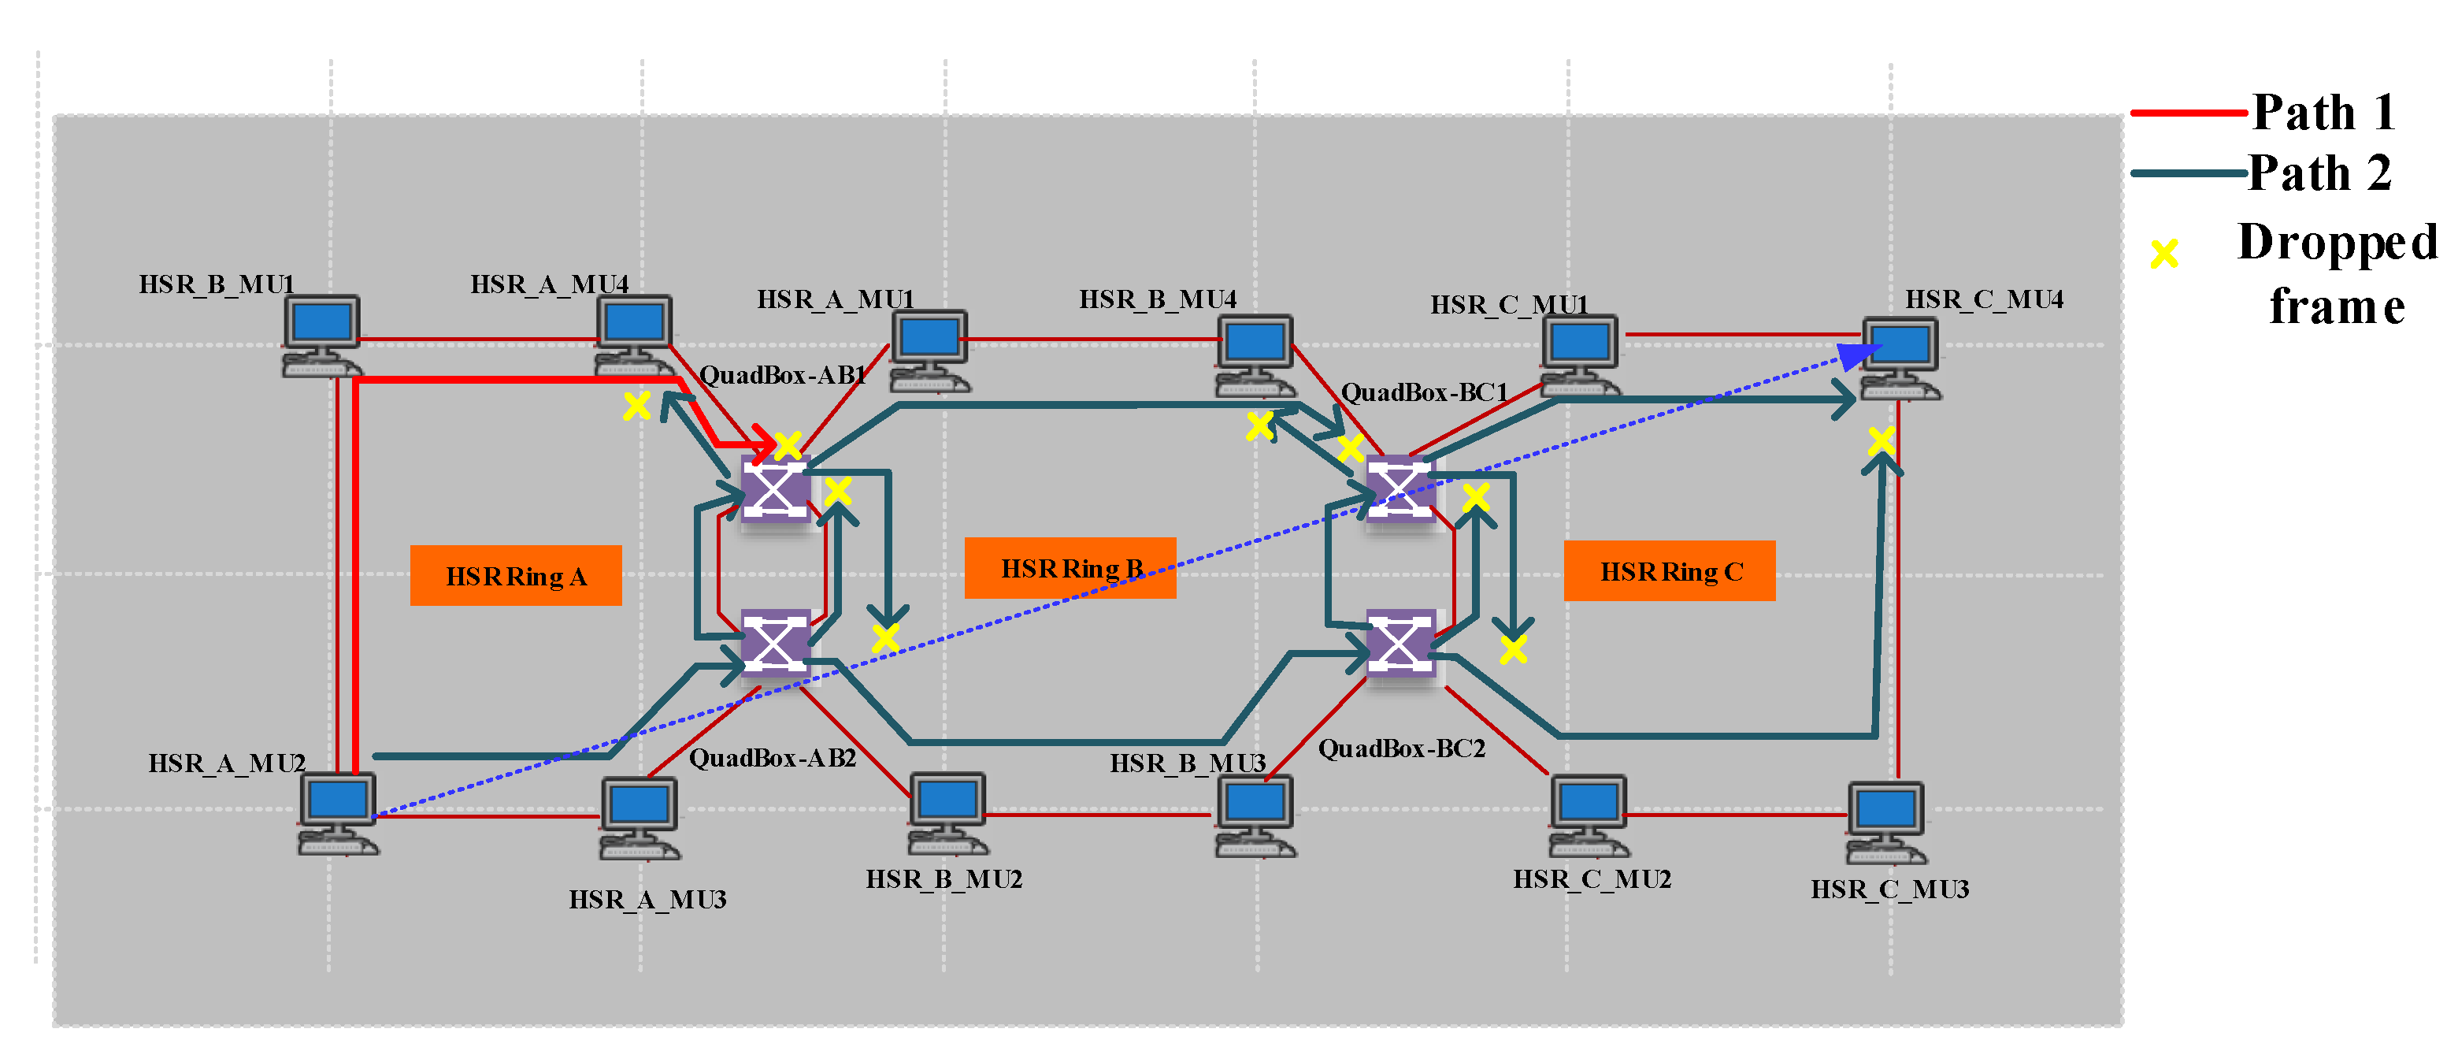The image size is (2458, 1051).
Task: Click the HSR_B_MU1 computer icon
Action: click(x=321, y=334)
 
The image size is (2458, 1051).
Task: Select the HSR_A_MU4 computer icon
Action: click(x=633, y=334)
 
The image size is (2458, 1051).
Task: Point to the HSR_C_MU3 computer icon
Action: click(x=1885, y=822)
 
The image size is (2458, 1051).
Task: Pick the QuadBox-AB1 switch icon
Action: click(x=775, y=488)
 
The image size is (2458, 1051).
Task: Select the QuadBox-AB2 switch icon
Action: click(x=775, y=642)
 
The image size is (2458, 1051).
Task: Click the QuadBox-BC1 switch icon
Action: click(x=1400, y=488)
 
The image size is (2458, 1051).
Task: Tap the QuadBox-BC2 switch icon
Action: click(x=1400, y=642)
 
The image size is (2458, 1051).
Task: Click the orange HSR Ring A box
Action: click(x=515, y=576)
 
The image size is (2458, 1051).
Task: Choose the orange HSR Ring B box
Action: click(x=1070, y=568)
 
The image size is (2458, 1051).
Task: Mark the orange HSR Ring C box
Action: click(x=1669, y=571)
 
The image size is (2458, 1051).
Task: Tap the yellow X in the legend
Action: click(x=2163, y=253)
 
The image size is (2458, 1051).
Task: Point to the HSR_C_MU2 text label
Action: click(x=1592, y=878)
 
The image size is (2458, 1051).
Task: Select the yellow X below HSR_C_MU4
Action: click(x=1881, y=440)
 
